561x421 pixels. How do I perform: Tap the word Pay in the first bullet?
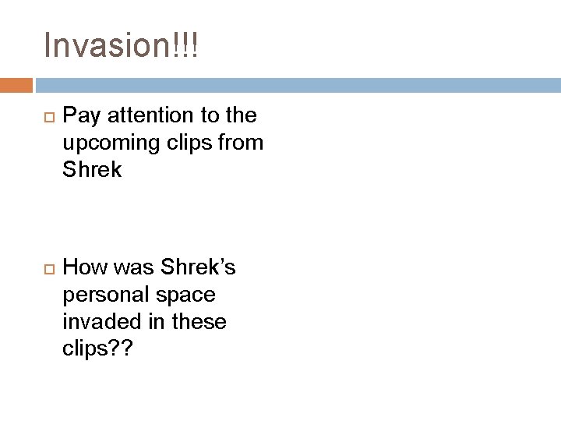79,117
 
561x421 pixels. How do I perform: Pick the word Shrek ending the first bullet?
92,169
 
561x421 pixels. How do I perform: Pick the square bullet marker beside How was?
47,268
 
